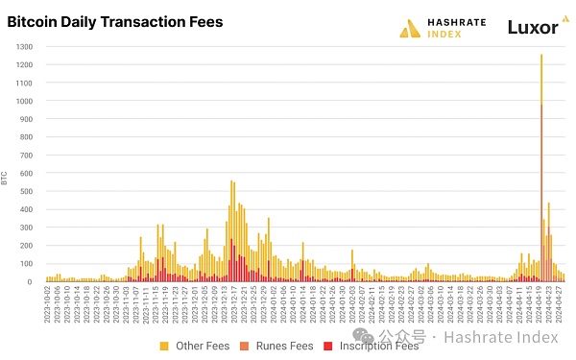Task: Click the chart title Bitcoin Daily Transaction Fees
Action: (114, 22)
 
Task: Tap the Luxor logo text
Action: (532, 28)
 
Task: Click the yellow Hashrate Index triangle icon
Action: (411, 29)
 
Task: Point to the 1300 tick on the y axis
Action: (25, 46)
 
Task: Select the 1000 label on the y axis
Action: (25, 101)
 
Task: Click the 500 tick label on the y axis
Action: (27, 191)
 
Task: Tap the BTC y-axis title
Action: (7, 178)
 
